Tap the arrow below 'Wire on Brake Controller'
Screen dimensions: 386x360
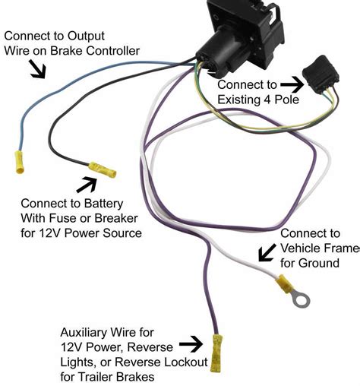click(x=36, y=70)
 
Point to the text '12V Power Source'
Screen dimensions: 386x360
click(x=92, y=233)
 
